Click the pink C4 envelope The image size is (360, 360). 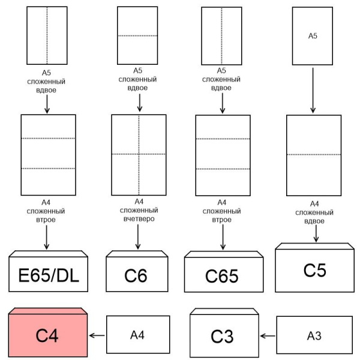[x=48, y=332]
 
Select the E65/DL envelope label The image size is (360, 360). [x=49, y=275]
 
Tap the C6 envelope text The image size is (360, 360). [x=136, y=275]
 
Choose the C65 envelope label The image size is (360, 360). [x=222, y=276]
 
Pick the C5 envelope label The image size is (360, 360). [x=315, y=270]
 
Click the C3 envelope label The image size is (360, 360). [x=222, y=337]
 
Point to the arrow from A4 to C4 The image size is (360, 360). [x=97, y=335]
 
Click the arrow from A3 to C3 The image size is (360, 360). [x=268, y=336]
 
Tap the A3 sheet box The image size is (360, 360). [x=314, y=335]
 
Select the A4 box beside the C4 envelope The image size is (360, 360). [x=138, y=335]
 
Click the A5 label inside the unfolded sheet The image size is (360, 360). [x=313, y=36]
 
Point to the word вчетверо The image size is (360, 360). [x=139, y=219]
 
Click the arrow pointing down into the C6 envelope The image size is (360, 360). [x=138, y=237]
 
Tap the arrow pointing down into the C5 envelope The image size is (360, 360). [x=316, y=233]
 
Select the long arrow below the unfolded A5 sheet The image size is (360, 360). [x=313, y=91]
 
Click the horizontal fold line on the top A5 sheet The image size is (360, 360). [x=137, y=36]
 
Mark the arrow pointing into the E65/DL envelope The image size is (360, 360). [x=47, y=238]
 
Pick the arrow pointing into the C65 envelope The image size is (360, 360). [x=223, y=237]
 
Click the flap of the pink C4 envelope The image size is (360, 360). [x=48, y=311]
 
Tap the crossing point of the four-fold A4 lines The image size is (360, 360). [x=139, y=154]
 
